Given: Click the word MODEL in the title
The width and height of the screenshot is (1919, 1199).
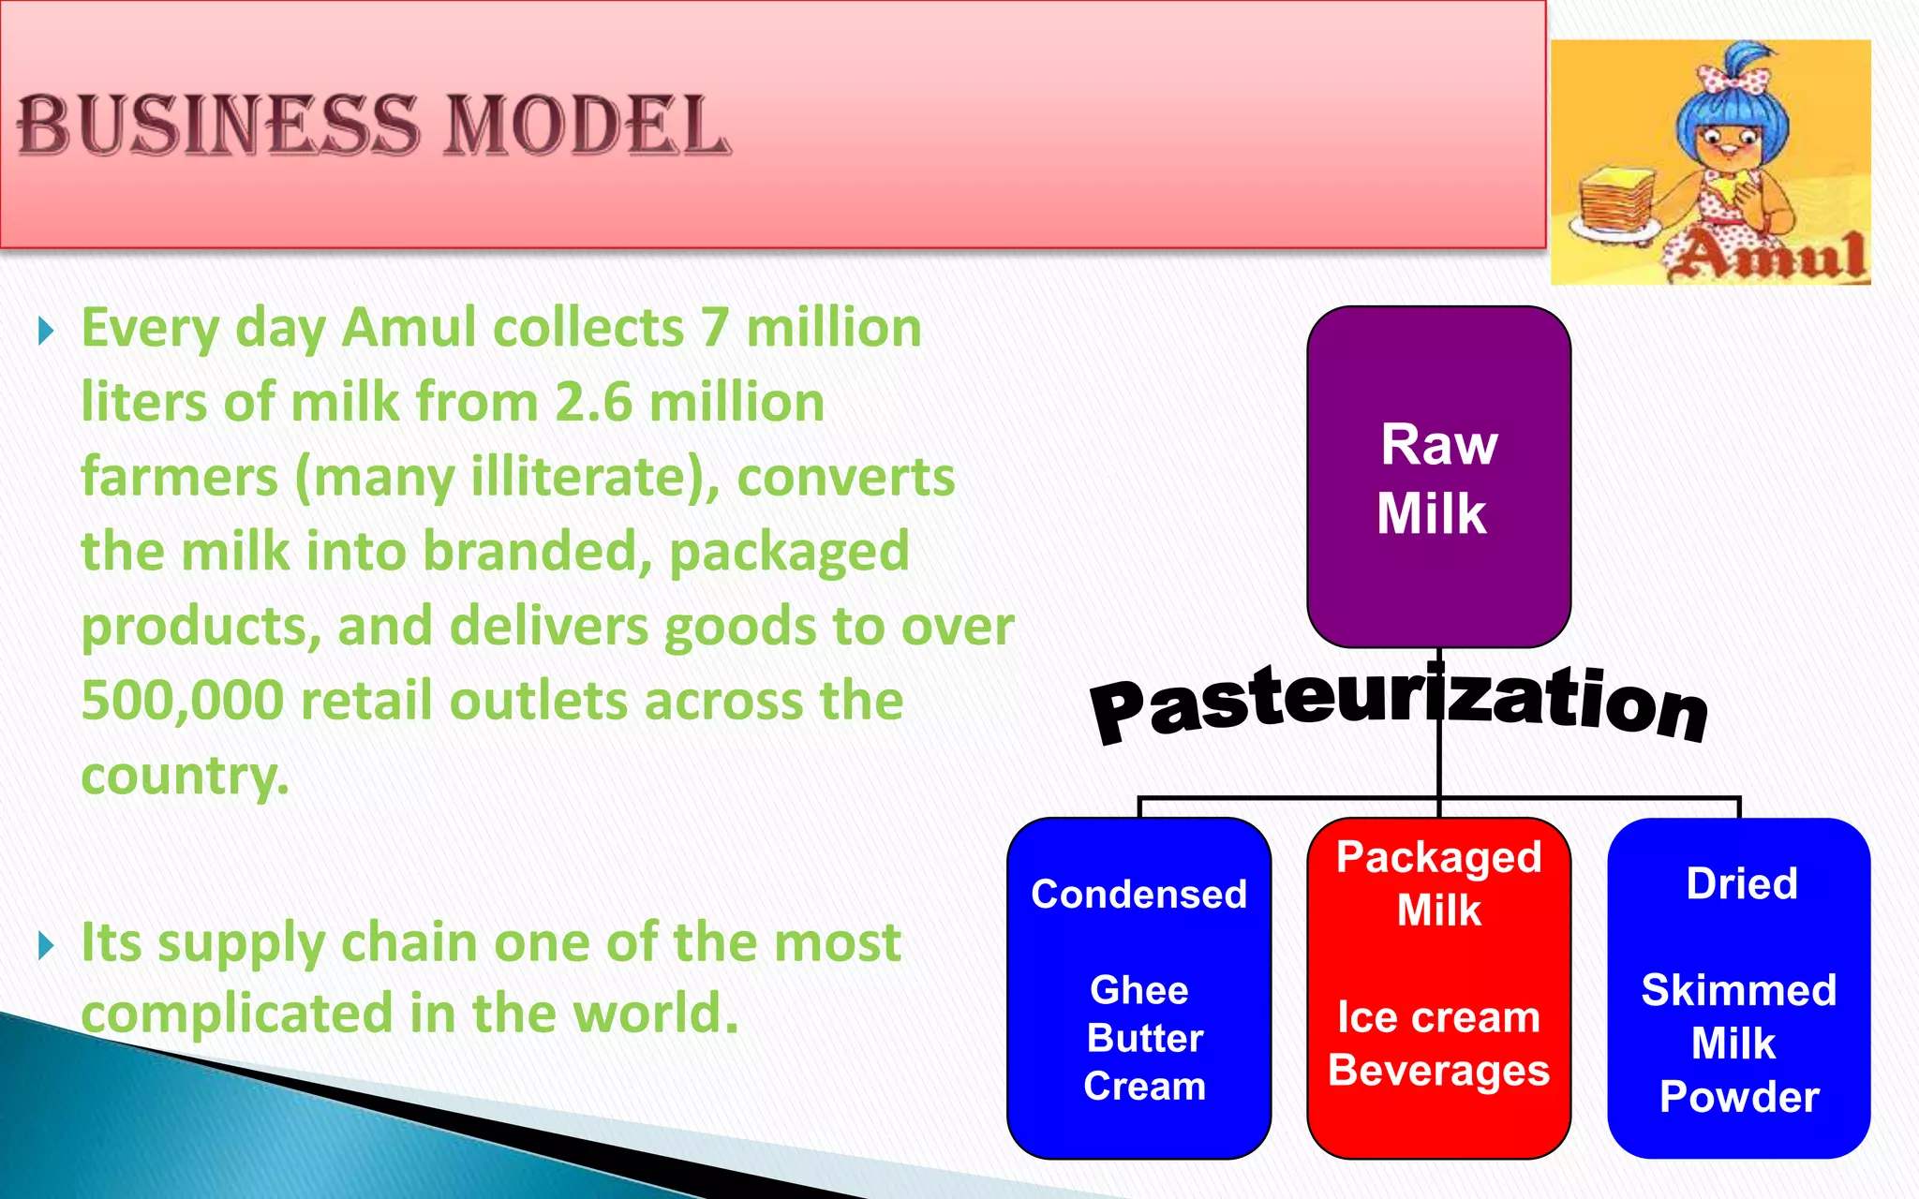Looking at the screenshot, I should tap(586, 126).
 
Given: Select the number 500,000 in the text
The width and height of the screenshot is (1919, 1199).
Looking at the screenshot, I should tap(183, 701).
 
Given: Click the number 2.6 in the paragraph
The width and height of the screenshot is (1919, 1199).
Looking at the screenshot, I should tap(593, 403).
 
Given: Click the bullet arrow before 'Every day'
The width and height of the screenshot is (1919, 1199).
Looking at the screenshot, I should tap(46, 331).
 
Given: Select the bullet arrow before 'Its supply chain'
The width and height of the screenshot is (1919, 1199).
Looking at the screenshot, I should tap(46, 946).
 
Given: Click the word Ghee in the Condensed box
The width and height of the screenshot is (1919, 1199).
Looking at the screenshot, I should tap(1139, 990).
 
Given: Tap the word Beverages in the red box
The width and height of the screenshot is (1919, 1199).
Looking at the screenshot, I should tap(1438, 1071).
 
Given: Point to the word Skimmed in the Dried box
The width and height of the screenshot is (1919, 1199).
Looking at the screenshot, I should tap(1739, 990).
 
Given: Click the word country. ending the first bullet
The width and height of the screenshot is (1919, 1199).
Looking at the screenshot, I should tap(185, 776).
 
